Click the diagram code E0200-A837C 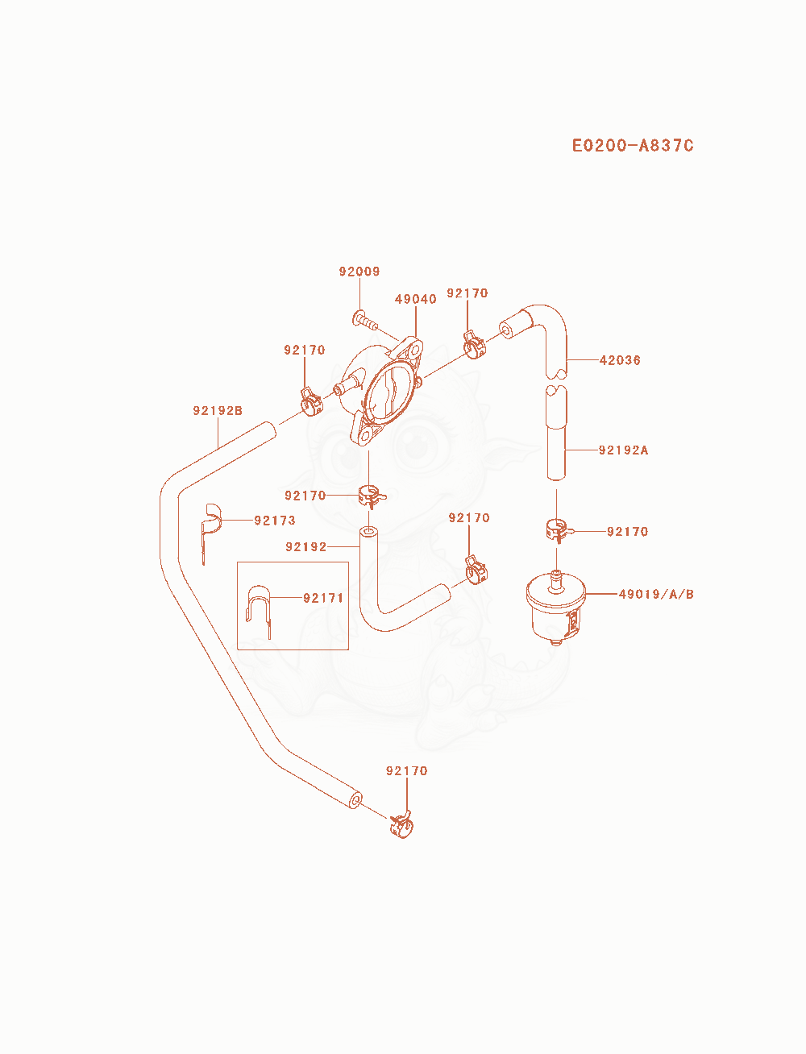pyautogui.click(x=633, y=146)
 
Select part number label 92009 pyautogui.click(x=359, y=272)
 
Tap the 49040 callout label pyautogui.click(x=415, y=299)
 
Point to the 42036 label pyautogui.click(x=620, y=360)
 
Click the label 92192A pyautogui.click(x=624, y=450)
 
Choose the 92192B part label pyautogui.click(x=218, y=410)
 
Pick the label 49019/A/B pyautogui.click(x=656, y=594)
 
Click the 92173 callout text pyautogui.click(x=275, y=520)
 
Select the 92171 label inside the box pyautogui.click(x=323, y=598)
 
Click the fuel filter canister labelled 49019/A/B pyautogui.click(x=556, y=607)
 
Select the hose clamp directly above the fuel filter pyautogui.click(x=558, y=530)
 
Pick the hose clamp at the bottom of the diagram pyautogui.click(x=402, y=826)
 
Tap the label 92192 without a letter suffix pyautogui.click(x=306, y=546)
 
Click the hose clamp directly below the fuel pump pyautogui.click(x=372, y=497)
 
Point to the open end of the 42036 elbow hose pyautogui.click(x=506, y=331)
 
